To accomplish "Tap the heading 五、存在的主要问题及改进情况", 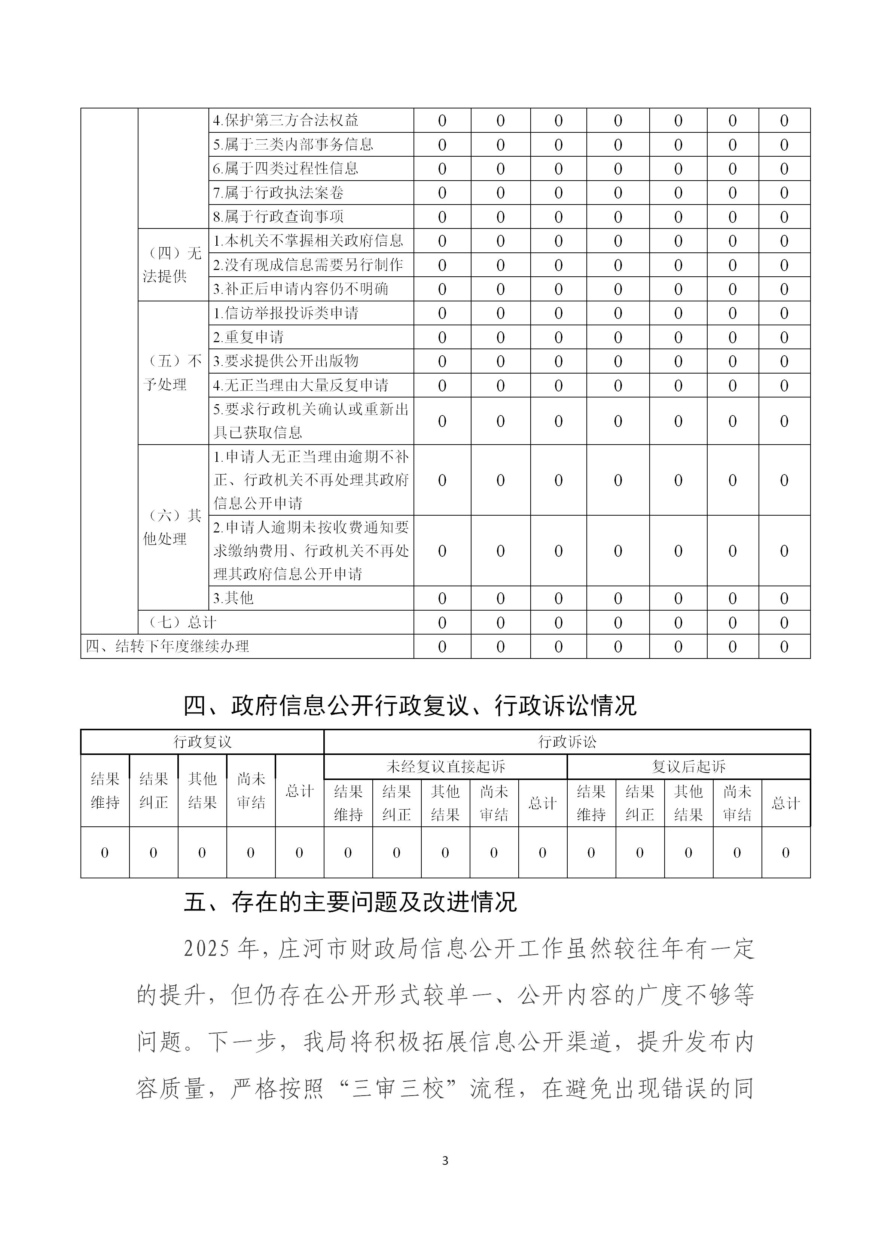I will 350,902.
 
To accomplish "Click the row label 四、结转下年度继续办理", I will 167,647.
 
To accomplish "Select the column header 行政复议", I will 202,742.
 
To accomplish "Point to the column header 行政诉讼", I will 567,742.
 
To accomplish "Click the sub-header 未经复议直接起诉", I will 445,767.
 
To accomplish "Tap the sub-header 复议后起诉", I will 689,767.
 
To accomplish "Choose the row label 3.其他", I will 233,598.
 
